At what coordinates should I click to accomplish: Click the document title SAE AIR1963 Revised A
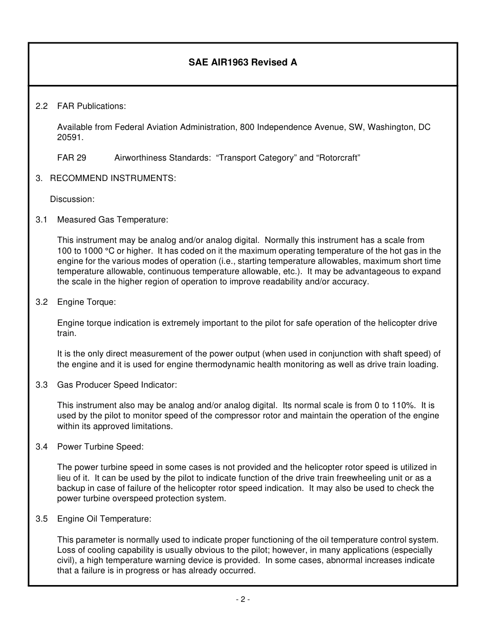(x=242, y=63)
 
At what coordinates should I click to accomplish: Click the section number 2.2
(x=41, y=106)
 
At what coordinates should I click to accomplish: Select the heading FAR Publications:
(x=92, y=106)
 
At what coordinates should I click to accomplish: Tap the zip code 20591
(x=70, y=138)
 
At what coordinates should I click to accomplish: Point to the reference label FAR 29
(x=72, y=158)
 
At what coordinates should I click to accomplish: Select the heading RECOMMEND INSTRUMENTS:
(x=113, y=178)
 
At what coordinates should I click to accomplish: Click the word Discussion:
(x=72, y=199)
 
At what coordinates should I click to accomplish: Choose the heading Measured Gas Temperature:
(x=113, y=220)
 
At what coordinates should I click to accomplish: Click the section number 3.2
(x=41, y=302)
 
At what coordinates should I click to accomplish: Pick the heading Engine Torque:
(x=86, y=302)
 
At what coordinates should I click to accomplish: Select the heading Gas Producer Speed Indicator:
(x=117, y=385)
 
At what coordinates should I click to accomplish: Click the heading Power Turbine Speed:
(x=100, y=447)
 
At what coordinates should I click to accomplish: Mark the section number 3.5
(x=41, y=519)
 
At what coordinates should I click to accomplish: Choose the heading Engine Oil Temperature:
(x=104, y=519)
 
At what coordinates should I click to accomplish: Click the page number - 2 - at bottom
(x=242, y=600)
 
